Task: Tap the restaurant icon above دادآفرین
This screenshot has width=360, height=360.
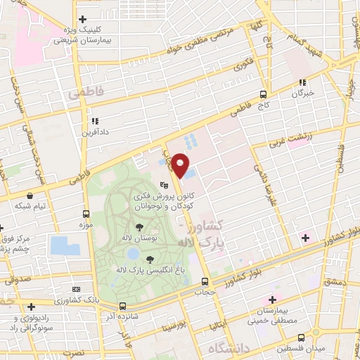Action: coord(94,121)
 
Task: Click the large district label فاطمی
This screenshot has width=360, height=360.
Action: coord(85,92)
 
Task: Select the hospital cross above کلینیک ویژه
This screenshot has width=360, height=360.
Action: coord(83,19)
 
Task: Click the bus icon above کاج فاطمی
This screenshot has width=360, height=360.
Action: coord(263,94)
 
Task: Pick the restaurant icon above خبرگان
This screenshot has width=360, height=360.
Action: coord(302,82)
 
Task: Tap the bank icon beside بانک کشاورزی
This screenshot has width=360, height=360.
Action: coord(77,290)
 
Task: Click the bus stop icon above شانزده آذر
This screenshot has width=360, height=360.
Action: coord(123,306)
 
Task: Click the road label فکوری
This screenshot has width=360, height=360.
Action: coord(244,65)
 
